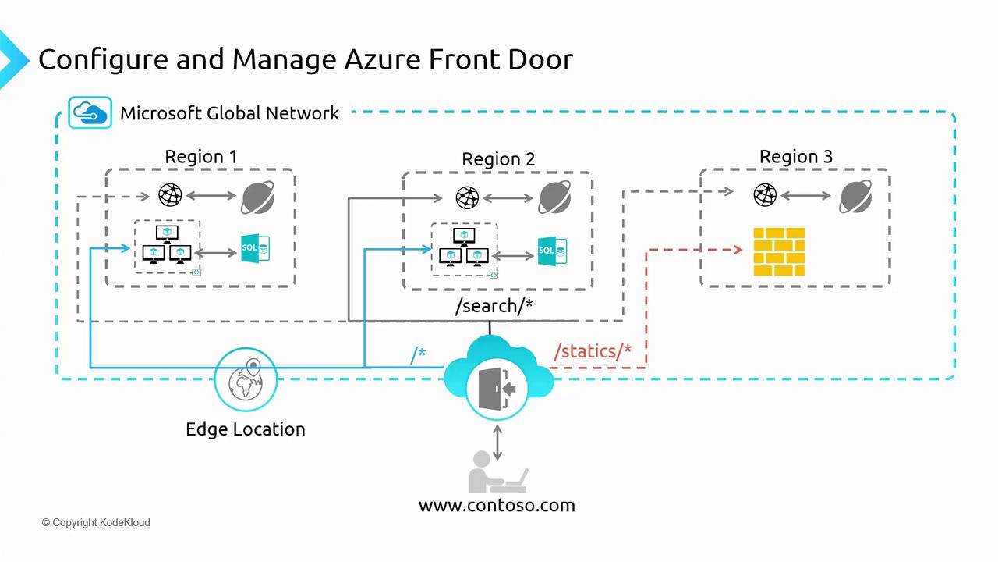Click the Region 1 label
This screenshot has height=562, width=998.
[201, 157]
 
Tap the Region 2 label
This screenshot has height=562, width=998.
[498, 159]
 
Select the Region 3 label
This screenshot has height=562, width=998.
[795, 157]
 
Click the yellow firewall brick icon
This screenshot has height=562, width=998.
[779, 251]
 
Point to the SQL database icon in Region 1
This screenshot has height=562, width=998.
[255, 248]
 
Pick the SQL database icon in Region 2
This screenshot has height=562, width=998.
[552, 251]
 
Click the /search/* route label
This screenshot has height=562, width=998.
[494, 306]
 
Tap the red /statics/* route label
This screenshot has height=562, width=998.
[593, 351]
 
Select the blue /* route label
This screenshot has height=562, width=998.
[418, 355]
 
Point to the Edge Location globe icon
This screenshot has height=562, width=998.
[246, 379]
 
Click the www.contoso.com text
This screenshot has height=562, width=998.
[497, 505]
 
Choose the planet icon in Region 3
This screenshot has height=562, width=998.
[855, 196]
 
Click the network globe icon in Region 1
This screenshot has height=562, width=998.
[170, 194]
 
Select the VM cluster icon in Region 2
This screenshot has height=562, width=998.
[464, 247]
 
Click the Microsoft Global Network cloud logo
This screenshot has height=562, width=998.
[90, 112]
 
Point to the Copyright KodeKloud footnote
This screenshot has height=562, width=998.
[96, 522]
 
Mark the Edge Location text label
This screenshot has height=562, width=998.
[246, 429]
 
